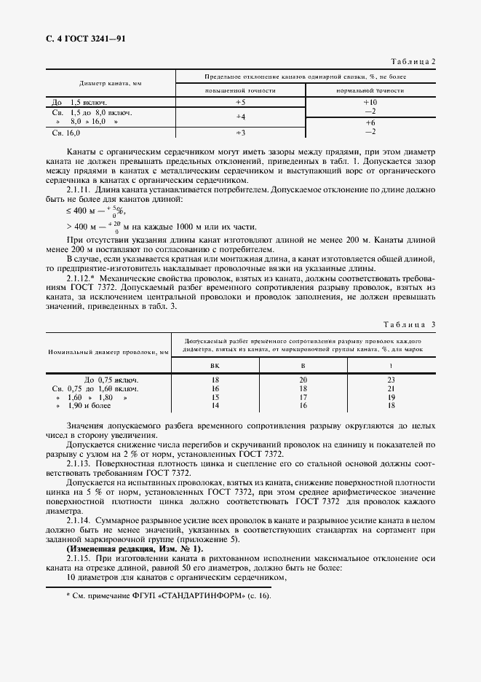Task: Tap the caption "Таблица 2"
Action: pyautogui.click(x=412, y=62)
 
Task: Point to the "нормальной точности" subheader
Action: pyautogui.click(x=370, y=90)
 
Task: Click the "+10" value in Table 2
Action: pyautogui.click(x=370, y=103)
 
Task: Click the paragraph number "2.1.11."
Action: pyautogui.click(x=79, y=189)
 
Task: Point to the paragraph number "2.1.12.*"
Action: pyautogui.click(x=82, y=278)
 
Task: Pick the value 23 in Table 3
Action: pyautogui.click(x=391, y=380)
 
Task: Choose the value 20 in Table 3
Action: pyautogui.click(x=303, y=380)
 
